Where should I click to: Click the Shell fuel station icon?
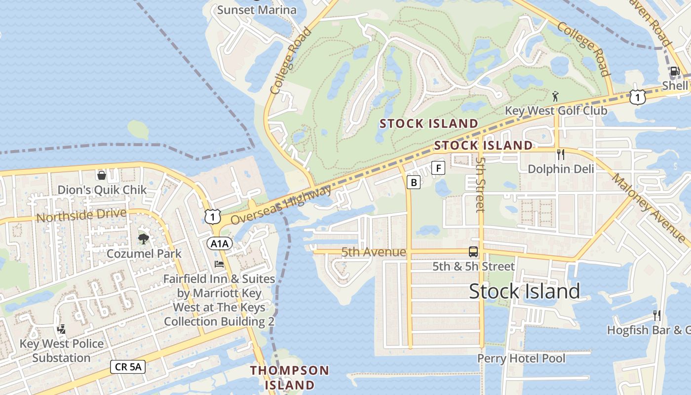675,71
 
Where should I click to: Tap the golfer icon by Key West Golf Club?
556,96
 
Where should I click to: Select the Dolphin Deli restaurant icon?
560,155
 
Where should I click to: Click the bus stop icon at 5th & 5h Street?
473,252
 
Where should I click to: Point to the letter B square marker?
414,183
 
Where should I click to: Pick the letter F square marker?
438,168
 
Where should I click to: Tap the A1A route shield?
219,243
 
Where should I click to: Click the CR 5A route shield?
127,366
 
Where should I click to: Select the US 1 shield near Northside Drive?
212,216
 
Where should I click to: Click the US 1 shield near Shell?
637,97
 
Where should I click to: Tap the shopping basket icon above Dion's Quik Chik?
102,175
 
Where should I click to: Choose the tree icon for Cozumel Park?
144,239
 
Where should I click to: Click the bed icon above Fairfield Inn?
219,264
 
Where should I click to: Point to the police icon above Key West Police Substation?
62,329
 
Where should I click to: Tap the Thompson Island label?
289,377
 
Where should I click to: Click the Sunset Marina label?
257,10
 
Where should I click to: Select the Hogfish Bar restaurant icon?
656,315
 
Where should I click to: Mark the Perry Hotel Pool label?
521,358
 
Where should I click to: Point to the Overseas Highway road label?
281,205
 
